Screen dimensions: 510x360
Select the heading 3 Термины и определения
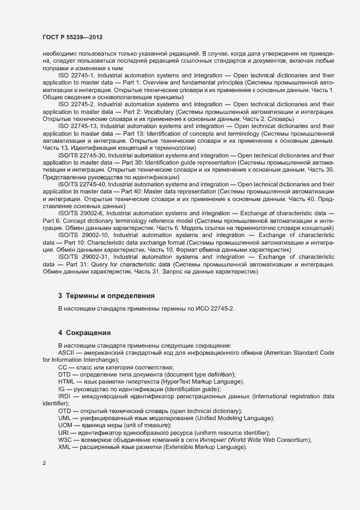coord(106,296)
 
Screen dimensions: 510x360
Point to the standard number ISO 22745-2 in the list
coord(76,104)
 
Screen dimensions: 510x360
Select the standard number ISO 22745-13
coord(78,125)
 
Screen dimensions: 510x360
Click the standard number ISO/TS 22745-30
coord(82,155)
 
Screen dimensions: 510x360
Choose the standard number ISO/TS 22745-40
coord(82,184)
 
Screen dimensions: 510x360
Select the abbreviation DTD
coord(64,374)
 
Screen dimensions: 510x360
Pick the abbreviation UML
coord(65,418)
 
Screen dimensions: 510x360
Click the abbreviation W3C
coord(65,440)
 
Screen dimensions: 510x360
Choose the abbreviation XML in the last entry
coord(65,447)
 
